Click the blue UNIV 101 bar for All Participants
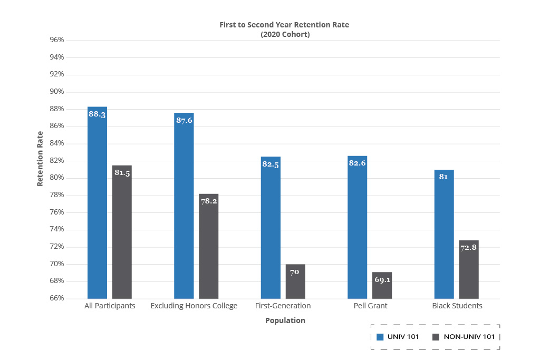pyautogui.click(x=97, y=203)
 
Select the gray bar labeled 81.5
pyautogui.click(x=122, y=232)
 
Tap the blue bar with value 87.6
pyautogui.click(x=184, y=206)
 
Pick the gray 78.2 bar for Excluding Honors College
pyautogui.click(x=209, y=247)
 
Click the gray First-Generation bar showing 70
pyautogui.click(x=295, y=281)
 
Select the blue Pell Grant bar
pyautogui.click(x=358, y=227)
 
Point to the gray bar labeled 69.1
pyautogui.click(x=382, y=285)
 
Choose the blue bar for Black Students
pyautogui.click(x=444, y=234)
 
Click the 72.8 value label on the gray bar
pyautogui.click(x=469, y=247)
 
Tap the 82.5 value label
pyautogui.click(x=271, y=164)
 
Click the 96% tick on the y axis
pyautogui.click(x=57, y=40)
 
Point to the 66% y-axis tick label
pyautogui.click(x=57, y=298)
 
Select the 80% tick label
pyautogui.click(x=57, y=178)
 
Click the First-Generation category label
pyautogui.click(x=283, y=306)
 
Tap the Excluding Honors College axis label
pyautogui.click(x=194, y=306)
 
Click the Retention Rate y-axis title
pyautogui.click(x=40, y=159)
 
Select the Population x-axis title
pyautogui.click(x=285, y=320)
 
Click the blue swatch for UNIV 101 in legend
pyautogui.click(x=380, y=337)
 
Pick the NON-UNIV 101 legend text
pyautogui.click(x=469, y=337)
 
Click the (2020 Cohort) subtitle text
pyautogui.click(x=285, y=34)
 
